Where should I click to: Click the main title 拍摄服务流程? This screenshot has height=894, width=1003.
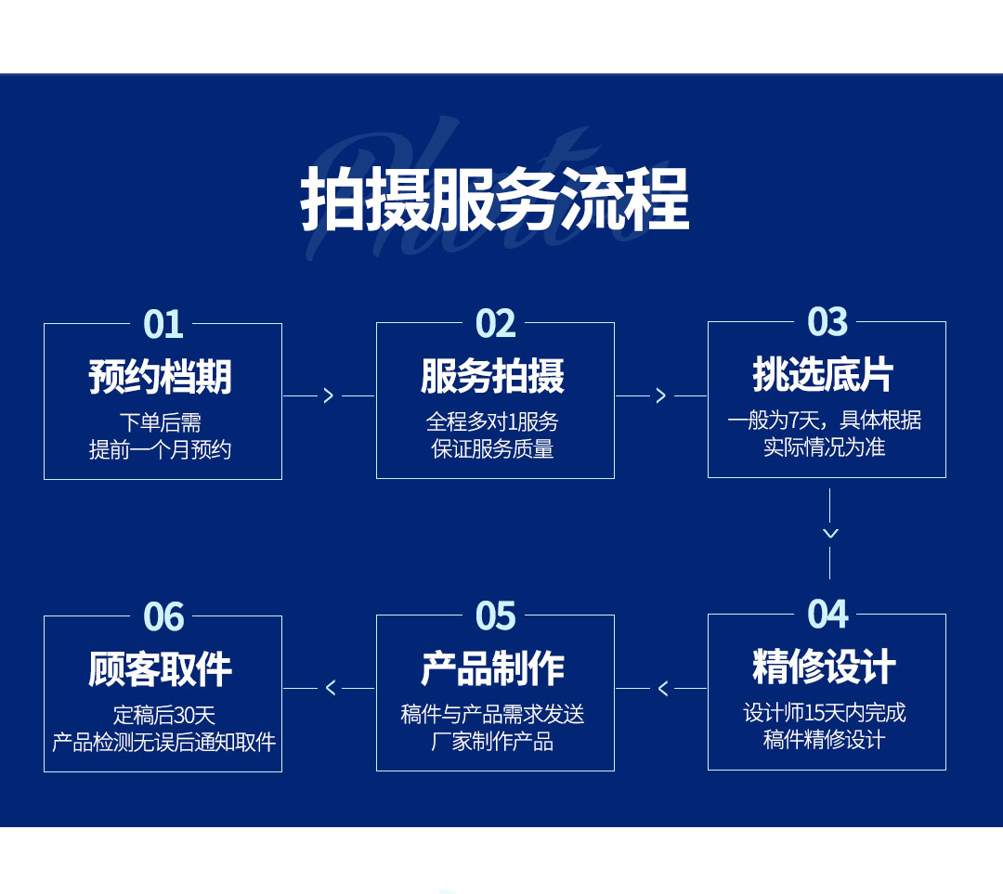(x=494, y=199)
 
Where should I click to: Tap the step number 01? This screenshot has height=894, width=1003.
(x=163, y=324)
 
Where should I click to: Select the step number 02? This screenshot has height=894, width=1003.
(x=495, y=324)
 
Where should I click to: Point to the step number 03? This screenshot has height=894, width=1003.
(x=827, y=321)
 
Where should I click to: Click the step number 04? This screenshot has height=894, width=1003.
(x=827, y=615)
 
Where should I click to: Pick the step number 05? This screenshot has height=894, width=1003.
(x=495, y=615)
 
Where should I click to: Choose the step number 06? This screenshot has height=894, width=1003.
(x=163, y=617)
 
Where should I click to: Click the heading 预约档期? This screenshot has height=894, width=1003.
(x=160, y=377)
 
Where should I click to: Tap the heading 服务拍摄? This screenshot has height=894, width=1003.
(x=492, y=375)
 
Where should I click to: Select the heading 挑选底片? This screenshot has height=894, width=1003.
(x=823, y=374)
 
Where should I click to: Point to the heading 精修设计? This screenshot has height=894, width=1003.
(x=824, y=667)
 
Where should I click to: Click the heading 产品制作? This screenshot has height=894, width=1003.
(x=492, y=668)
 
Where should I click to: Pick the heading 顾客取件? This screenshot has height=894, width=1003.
(x=160, y=669)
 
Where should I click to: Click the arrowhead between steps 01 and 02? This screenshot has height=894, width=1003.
(x=329, y=395)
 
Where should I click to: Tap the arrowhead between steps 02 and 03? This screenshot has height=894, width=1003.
(x=661, y=395)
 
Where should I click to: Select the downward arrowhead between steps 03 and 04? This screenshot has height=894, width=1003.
(x=830, y=533)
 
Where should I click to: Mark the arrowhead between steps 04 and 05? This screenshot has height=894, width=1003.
(x=663, y=688)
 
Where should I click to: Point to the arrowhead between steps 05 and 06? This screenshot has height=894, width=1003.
(x=330, y=688)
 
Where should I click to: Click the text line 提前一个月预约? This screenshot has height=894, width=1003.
(x=160, y=449)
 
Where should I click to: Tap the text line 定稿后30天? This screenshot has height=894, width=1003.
(x=163, y=715)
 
